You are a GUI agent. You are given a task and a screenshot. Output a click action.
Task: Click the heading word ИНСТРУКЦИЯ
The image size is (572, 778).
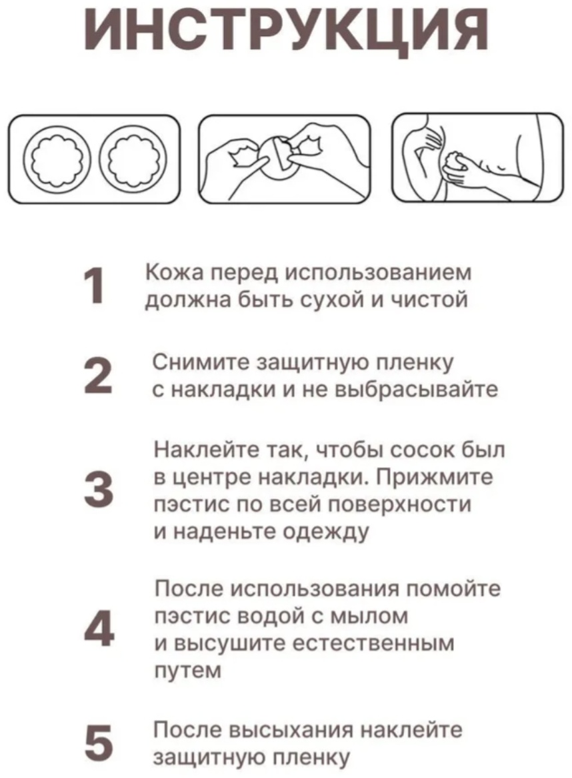click(x=286, y=31)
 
